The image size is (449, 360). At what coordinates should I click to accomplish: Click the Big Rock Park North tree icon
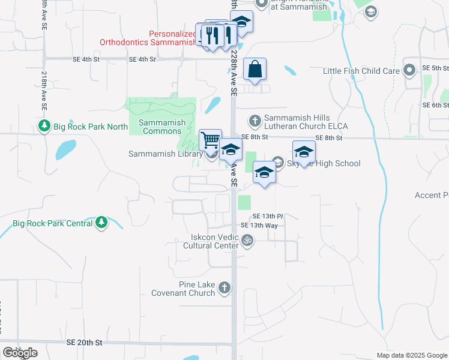point(44,126)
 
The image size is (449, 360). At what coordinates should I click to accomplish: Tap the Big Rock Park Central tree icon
point(102,223)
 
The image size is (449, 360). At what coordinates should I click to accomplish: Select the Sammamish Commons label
point(162,127)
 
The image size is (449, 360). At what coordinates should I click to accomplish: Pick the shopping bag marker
point(255,69)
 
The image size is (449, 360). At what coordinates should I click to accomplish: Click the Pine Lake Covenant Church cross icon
point(224,289)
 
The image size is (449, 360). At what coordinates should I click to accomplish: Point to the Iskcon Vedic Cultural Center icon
point(247,241)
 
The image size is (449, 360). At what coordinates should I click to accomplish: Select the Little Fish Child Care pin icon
point(410,71)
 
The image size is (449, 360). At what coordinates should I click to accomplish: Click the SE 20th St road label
point(86,342)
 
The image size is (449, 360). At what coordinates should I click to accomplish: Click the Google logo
point(20,353)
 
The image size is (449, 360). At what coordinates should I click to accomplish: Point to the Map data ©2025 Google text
point(411,355)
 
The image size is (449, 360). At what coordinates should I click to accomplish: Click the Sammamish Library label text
point(165,154)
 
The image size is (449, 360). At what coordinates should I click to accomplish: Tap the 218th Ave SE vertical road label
point(44,91)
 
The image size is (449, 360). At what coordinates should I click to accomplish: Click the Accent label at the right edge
point(432,195)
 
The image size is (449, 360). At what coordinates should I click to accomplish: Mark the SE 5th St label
point(435,68)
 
